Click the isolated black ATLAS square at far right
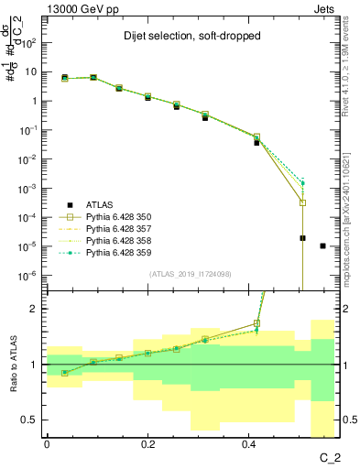[322, 245]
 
